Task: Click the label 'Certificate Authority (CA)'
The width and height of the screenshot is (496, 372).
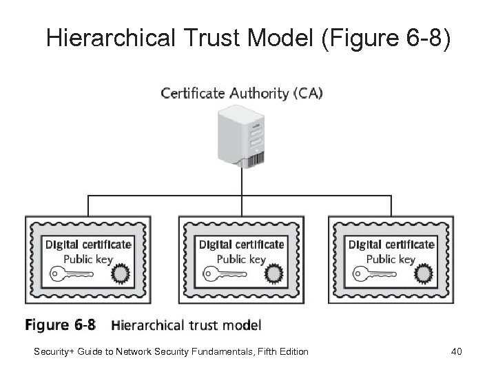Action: (241, 92)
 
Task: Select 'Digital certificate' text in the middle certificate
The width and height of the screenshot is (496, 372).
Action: (241, 244)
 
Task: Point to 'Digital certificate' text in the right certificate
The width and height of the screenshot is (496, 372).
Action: (391, 244)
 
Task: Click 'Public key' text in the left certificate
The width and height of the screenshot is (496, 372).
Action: (87, 260)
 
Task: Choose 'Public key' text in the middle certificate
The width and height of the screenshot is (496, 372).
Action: (241, 260)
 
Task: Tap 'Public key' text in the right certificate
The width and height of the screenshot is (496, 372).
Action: (391, 260)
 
